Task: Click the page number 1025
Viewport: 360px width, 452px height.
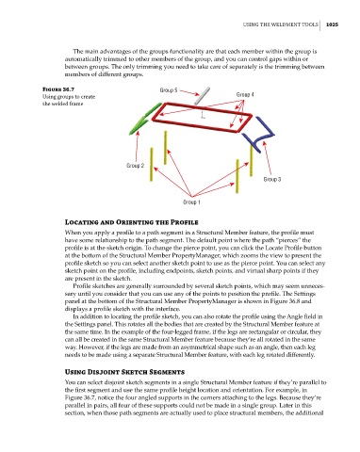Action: click(x=332, y=24)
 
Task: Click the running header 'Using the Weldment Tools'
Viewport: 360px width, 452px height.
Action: click(x=280, y=24)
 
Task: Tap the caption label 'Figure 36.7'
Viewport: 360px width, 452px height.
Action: click(x=58, y=89)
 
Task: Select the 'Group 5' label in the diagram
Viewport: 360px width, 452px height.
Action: click(x=169, y=90)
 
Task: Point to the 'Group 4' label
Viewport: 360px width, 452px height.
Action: click(x=245, y=94)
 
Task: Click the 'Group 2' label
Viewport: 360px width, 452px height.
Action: click(x=135, y=166)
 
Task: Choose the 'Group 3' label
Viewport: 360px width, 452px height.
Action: click(x=272, y=179)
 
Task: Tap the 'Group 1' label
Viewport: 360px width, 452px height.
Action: click(x=191, y=202)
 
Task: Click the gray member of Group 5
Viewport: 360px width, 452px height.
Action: click(x=202, y=96)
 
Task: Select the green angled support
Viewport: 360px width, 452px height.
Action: click(x=145, y=120)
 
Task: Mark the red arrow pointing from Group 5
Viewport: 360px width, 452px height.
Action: click(x=189, y=92)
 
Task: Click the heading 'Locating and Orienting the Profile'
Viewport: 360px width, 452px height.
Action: click(x=131, y=222)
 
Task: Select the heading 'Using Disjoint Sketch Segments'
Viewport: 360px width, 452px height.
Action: click(x=124, y=372)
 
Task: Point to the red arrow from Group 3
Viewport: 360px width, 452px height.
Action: click(x=268, y=158)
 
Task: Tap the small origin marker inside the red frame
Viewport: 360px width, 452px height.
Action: click(x=203, y=115)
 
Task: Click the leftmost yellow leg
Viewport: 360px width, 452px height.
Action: click(x=152, y=165)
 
